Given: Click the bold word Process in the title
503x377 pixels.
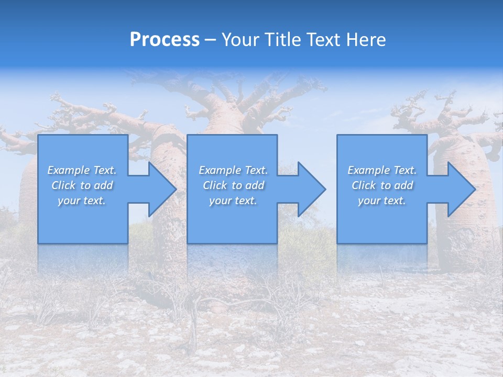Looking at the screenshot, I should pos(165,40).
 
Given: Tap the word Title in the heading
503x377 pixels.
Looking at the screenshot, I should pos(281,40).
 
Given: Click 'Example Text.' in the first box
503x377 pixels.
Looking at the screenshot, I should pos(82,170).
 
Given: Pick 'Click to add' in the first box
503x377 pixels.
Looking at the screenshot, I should pos(82,185).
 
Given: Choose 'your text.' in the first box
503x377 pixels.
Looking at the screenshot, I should pos(82,201).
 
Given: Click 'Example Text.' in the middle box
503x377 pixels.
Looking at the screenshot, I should pos(233,170).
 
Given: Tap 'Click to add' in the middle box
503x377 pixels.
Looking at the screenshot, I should pos(233,185).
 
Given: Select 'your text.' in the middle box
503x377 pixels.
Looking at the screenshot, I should pos(233,201).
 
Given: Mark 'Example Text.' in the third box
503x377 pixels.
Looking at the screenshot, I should pos(382,170).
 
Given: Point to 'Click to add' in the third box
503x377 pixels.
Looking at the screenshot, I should pos(382,185).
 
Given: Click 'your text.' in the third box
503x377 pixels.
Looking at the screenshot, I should pos(382,201).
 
